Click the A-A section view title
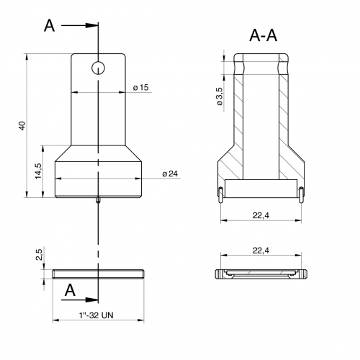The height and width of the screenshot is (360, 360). pyautogui.click(x=263, y=35)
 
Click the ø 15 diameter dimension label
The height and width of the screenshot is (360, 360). pyautogui.click(x=141, y=88)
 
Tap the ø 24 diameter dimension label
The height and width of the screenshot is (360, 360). pyautogui.click(x=170, y=174)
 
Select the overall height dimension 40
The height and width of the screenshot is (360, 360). pyautogui.click(x=22, y=126)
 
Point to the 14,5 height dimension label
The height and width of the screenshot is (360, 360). pyautogui.click(x=38, y=171)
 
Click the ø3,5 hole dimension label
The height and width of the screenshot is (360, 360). pyautogui.click(x=220, y=96)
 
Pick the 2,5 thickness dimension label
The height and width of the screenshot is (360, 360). pyautogui.click(x=39, y=255)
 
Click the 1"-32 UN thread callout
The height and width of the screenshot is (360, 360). pyautogui.click(x=96, y=315)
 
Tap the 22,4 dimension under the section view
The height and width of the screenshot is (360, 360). pyautogui.click(x=261, y=215)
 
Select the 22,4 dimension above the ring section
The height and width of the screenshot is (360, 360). pyautogui.click(x=261, y=251)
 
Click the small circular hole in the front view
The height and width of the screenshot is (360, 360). pyautogui.click(x=99, y=68)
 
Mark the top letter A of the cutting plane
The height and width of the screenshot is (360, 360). pyautogui.click(x=50, y=26)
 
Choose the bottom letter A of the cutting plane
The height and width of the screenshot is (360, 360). pyautogui.click(x=70, y=290)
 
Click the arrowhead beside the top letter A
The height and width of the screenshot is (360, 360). pyautogui.click(x=91, y=25)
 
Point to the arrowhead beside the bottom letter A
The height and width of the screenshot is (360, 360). pyautogui.click(x=91, y=300)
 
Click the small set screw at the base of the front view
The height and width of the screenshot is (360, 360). pyautogui.click(x=98, y=200)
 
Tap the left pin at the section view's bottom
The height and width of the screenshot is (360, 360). pyautogui.click(x=220, y=195)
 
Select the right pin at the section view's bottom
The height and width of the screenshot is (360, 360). pyautogui.click(x=301, y=195)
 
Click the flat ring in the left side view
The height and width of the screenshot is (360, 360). pyautogui.click(x=98, y=274)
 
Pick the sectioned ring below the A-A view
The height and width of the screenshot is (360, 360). pyautogui.click(x=261, y=274)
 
